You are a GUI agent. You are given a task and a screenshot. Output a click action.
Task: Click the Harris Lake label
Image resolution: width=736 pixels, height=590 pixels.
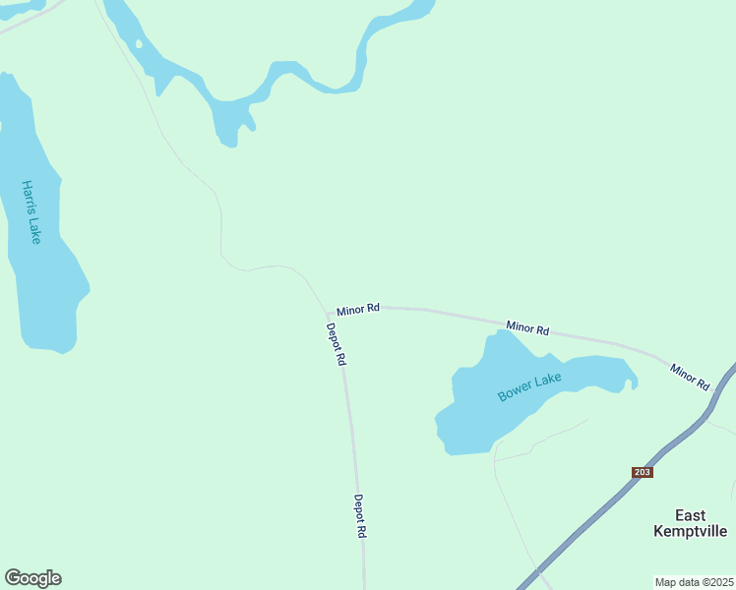31,211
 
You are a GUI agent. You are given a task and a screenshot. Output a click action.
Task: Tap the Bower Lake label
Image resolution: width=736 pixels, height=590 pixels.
529,386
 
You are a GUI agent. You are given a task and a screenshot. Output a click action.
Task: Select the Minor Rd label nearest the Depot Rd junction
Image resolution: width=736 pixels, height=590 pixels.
358,309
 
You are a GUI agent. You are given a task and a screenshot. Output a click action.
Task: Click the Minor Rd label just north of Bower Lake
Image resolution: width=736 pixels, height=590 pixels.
527,327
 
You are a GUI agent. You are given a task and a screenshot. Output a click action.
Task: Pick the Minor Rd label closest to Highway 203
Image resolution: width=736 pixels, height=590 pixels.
690,377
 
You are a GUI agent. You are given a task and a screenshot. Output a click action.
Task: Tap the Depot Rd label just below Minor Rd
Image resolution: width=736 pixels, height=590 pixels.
337,345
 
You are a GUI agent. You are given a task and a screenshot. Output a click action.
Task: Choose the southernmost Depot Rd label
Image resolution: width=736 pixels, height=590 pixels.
360,515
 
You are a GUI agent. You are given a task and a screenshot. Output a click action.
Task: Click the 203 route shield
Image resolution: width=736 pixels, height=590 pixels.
642,473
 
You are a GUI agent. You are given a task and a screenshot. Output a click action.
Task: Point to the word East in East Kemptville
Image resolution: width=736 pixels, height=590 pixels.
690,515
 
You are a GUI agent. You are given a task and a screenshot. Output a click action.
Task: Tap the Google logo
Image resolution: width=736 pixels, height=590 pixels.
32,578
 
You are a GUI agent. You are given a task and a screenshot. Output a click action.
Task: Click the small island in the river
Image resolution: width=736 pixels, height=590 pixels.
139,43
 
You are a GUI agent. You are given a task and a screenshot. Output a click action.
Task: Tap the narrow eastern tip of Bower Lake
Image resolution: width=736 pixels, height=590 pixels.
633,379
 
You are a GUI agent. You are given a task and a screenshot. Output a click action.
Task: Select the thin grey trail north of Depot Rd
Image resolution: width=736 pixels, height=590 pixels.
220,226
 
